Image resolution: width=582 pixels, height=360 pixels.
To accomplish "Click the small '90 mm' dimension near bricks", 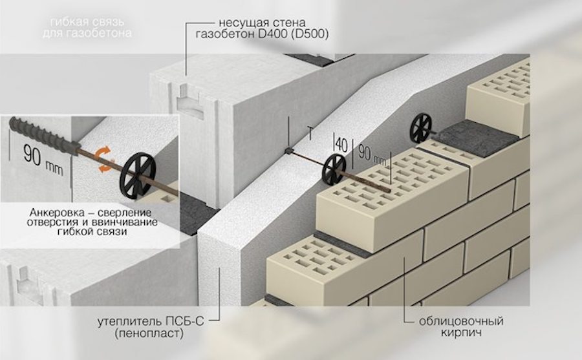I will click(372, 156).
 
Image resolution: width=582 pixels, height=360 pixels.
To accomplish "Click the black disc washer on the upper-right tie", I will click(422, 129).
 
